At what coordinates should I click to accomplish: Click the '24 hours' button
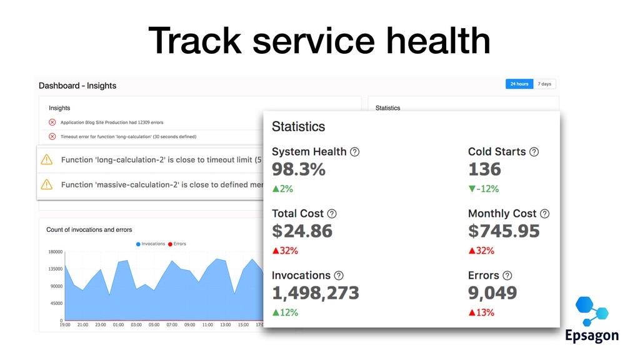click(519, 84)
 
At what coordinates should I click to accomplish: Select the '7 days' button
click(544, 84)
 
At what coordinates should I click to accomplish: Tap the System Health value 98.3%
click(299, 169)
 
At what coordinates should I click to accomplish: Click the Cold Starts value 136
click(484, 169)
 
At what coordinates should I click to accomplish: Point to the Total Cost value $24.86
click(302, 231)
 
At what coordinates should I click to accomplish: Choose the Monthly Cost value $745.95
click(504, 231)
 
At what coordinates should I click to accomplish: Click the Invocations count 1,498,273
click(316, 292)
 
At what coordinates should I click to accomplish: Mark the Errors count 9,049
click(492, 292)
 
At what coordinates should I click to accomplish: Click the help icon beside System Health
click(355, 152)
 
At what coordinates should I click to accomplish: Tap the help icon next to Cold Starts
click(534, 152)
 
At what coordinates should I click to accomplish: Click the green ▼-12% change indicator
click(483, 189)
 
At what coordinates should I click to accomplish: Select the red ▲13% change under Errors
click(481, 312)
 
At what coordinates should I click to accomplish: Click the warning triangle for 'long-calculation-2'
click(46, 160)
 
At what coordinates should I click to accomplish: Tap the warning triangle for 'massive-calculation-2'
click(46, 184)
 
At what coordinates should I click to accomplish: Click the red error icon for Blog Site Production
click(52, 122)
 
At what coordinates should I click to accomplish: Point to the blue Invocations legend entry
click(150, 244)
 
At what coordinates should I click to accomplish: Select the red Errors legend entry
click(177, 244)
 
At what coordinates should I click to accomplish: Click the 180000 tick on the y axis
click(55, 252)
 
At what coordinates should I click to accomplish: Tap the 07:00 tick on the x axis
click(172, 325)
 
